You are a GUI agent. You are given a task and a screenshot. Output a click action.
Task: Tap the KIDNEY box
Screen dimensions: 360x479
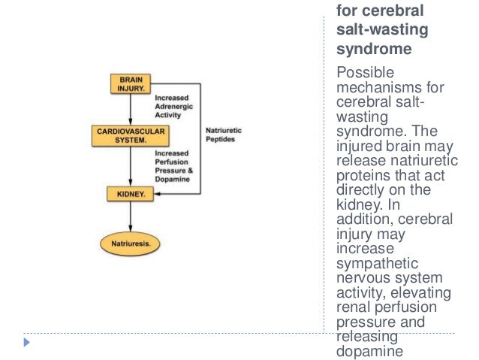point(131,194)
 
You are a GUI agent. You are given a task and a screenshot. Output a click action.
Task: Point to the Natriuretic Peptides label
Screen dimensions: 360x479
point(223,135)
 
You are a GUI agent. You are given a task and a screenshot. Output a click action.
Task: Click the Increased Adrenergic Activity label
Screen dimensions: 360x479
point(173,106)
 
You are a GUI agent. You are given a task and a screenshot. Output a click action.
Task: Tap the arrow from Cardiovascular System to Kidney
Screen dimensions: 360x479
point(131,165)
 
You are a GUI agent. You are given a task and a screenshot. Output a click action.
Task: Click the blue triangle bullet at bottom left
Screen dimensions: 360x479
point(28,343)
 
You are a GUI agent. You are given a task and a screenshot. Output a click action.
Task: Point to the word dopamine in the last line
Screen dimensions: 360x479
point(364,350)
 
